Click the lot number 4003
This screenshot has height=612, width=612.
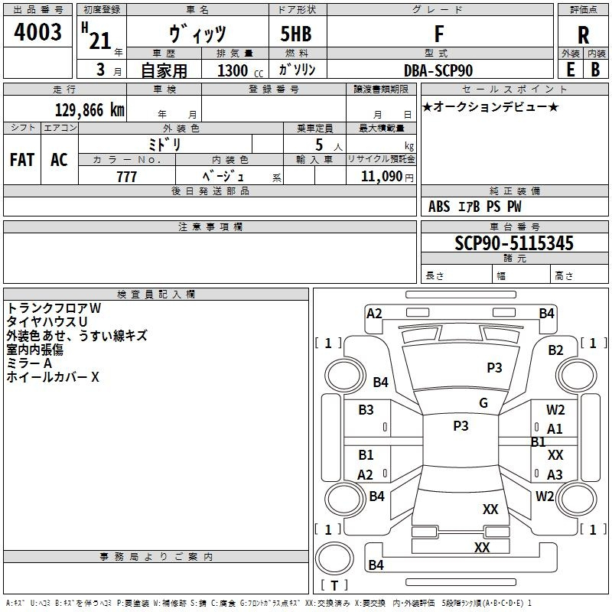click(37, 33)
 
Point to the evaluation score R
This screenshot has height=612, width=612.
click(583, 35)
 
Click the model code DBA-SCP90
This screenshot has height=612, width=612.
click(438, 70)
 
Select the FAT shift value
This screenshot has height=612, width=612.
click(21, 160)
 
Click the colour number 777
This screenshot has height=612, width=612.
click(127, 177)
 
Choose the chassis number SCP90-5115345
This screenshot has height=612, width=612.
click(513, 244)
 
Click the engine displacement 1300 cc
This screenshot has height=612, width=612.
click(233, 70)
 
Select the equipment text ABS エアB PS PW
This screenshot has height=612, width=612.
click(475, 207)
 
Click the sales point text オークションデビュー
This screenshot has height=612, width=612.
click(490, 106)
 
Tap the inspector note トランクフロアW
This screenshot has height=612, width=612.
click(54, 308)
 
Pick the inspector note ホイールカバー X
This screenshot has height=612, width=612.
click(53, 377)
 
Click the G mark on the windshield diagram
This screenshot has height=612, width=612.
click(483, 403)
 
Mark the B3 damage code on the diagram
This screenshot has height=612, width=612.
click(366, 410)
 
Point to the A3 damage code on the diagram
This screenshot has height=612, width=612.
click(555, 475)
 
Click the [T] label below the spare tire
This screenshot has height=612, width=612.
click(334, 586)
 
